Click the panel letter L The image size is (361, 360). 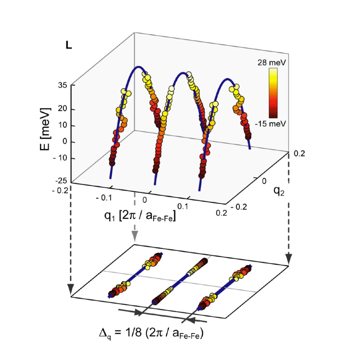[69, 46]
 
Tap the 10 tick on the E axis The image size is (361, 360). [63, 126]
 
